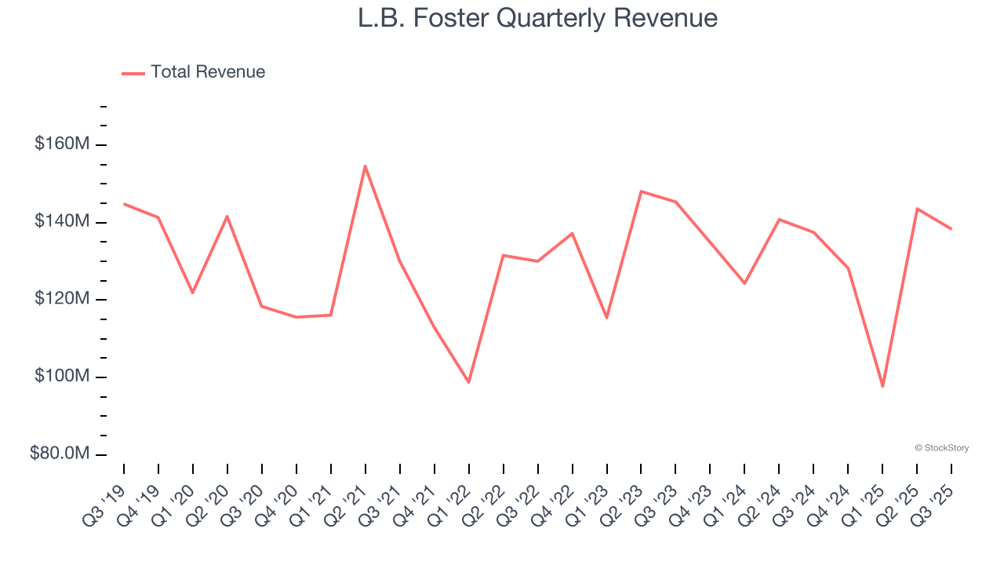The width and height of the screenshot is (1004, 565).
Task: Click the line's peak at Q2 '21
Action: (x=366, y=166)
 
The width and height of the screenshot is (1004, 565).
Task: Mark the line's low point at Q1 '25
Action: (x=882, y=386)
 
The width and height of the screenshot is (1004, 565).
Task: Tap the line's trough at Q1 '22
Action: (x=469, y=382)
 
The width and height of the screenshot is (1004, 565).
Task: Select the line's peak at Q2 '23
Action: (x=641, y=191)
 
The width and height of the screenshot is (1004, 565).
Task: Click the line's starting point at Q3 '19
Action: (x=124, y=204)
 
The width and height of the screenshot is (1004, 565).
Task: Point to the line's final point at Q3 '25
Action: (x=951, y=229)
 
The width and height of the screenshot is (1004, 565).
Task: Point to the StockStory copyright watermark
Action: (x=941, y=448)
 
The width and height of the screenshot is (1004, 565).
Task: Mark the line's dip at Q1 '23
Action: (x=606, y=318)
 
